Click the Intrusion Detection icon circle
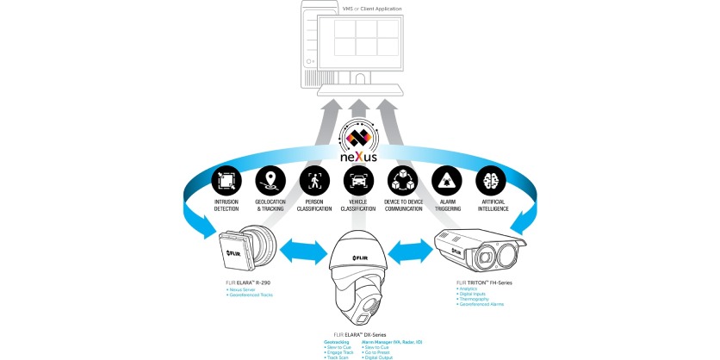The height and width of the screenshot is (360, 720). click(x=226, y=180)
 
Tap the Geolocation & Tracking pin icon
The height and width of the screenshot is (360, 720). click(x=270, y=180)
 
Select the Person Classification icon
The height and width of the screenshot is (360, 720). click(x=314, y=180)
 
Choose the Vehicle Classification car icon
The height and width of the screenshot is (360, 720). click(x=358, y=180)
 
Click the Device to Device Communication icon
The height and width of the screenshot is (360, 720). click(x=403, y=180)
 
